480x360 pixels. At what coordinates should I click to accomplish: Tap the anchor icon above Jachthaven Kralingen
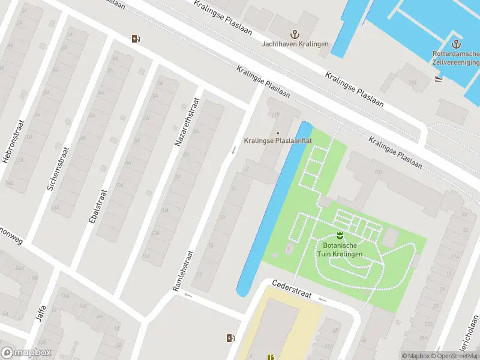294,34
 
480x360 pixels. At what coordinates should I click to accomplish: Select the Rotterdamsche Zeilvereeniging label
455,58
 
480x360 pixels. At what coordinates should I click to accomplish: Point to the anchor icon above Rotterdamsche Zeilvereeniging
455,44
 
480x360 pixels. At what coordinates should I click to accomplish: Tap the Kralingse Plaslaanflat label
278,141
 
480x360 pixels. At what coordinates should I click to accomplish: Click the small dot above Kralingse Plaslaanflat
277,133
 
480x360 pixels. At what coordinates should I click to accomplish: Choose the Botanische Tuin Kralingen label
340,250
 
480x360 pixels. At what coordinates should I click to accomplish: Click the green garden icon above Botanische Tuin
340,235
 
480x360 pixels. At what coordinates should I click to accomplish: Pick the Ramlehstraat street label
183,271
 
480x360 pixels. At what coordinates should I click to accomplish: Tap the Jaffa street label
42,313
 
